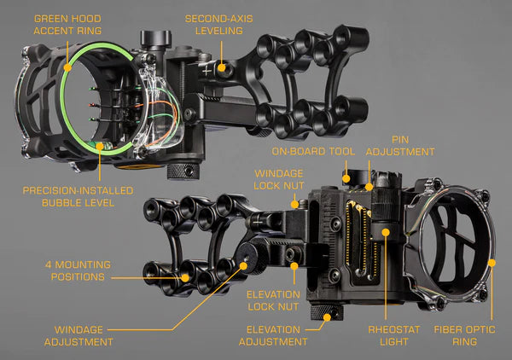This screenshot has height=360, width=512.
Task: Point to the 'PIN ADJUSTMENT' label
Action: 400,145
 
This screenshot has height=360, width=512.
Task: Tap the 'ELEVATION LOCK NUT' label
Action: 273,299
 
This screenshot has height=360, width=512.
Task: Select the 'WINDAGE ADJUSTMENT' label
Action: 84,335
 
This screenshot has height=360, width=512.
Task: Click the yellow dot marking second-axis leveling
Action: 222,67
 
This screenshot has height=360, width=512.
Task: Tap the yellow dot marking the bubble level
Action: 101,146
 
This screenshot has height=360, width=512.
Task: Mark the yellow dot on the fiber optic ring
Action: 492,263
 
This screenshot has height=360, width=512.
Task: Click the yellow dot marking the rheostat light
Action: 386,230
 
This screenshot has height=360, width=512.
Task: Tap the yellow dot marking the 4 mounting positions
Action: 183,277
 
